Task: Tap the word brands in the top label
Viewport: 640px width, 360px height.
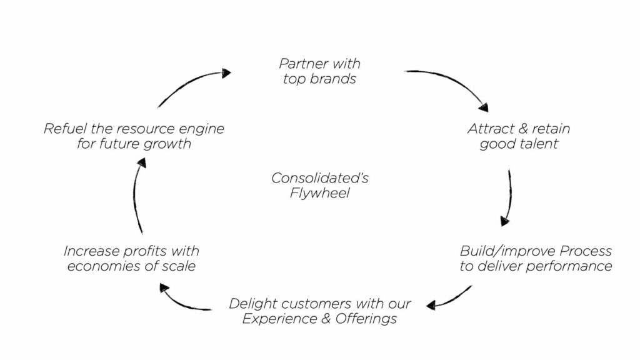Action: [337, 79]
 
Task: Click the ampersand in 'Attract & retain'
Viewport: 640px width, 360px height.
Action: [517, 129]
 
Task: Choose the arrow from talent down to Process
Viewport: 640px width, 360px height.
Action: [507, 197]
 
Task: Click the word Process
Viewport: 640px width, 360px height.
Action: [584, 251]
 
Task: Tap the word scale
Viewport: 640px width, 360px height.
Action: [179, 267]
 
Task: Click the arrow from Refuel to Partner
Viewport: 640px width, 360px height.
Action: [191, 84]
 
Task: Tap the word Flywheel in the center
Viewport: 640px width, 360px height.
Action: [319, 194]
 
